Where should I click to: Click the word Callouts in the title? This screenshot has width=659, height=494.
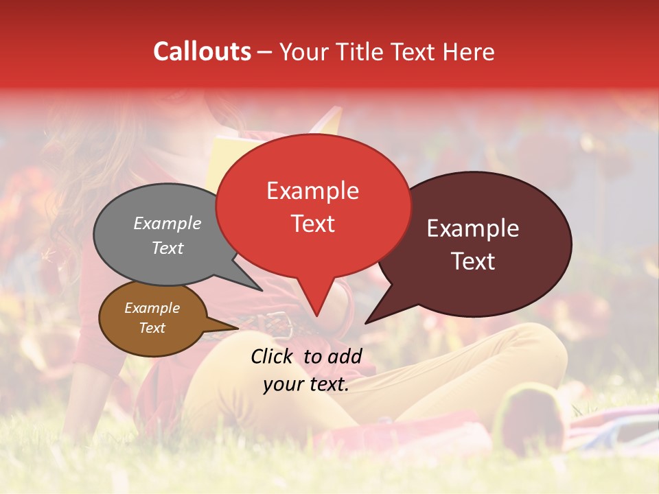pos(202,51)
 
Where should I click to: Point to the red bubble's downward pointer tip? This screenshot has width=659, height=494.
pos(316,316)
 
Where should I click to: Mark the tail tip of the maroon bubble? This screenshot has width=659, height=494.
pos(367,322)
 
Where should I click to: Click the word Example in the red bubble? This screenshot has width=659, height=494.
pos(312,191)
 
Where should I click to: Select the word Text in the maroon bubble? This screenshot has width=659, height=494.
pos(474,261)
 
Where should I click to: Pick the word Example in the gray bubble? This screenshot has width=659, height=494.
pos(167,224)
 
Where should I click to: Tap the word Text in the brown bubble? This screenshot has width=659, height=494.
pos(152,328)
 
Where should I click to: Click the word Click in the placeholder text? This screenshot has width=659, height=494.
pos(273,356)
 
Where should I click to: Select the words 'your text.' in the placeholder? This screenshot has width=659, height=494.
pos(306,385)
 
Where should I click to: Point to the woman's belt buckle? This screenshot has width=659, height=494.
pos(278,322)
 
